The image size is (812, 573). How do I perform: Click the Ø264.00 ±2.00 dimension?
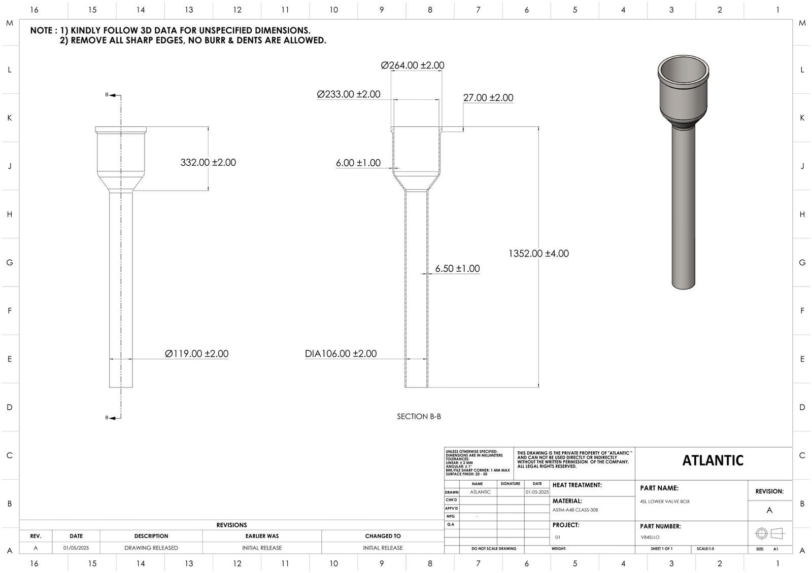point(412,65)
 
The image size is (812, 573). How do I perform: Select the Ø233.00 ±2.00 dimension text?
point(348,94)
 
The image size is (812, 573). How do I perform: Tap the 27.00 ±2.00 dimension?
point(488,98)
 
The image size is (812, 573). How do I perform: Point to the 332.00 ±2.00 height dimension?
point(208,163)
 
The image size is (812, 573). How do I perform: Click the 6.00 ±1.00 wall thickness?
point(358,163)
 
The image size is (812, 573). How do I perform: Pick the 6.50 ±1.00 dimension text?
point(457,269)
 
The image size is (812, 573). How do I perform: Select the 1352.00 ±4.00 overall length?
point(538,254)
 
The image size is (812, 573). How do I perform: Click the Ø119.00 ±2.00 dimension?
point(196,354)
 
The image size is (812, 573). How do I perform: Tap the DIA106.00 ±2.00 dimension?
point(341,354)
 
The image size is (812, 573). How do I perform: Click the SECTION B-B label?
point(419,416)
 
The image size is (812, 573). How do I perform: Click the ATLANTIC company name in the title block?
point(713,460)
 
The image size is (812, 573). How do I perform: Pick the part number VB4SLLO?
point(650,537)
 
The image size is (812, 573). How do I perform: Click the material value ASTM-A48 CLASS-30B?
point(575,510)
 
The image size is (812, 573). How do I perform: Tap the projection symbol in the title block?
point(769,533)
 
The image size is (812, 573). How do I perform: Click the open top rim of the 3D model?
point(683,66)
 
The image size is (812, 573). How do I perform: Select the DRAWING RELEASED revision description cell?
point(151,548)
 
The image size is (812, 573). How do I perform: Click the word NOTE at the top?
point(41,30)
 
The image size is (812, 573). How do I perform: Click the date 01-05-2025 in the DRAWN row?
point(537,492)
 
